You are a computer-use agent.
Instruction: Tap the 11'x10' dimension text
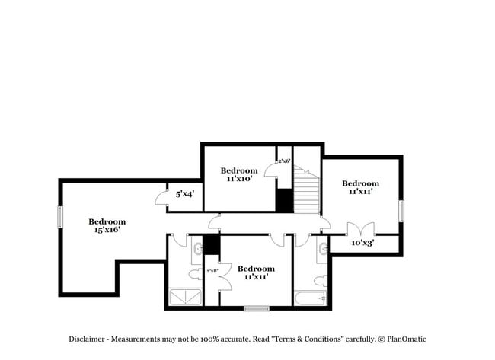click(x=238, y=180)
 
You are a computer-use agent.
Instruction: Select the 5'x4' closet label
click(x=185, y=194)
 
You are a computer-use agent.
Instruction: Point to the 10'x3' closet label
click(x=362, y=244)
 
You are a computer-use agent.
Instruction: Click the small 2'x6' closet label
click(x=283, y=161)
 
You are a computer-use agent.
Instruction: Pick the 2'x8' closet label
click(x=212, y=270)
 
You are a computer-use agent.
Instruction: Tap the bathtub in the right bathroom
click(x=310, y=298)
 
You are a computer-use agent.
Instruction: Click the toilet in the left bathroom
click(x=193, y=273)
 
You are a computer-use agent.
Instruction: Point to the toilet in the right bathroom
click(x=321, y=279)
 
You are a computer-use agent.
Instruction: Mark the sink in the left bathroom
click(x=197, y=247)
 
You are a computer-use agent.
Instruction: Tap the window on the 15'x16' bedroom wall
click(x=59, y=216)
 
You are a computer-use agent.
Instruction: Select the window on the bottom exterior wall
click(x=256, y=308)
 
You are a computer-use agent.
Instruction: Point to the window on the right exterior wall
click(x=401, y=210)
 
